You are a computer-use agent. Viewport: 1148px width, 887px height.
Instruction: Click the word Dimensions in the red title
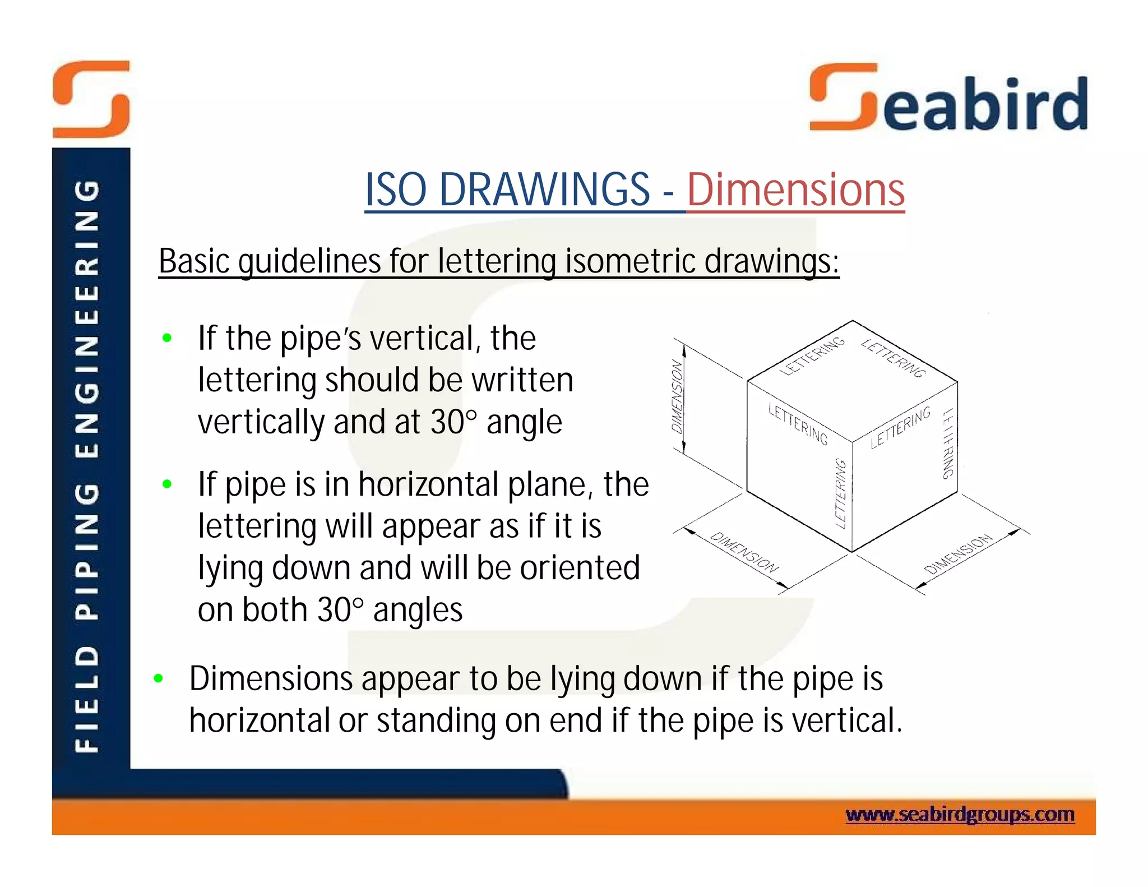795,190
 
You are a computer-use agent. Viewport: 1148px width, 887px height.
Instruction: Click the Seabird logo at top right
948,99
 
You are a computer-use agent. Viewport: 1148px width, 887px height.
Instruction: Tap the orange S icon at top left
91,99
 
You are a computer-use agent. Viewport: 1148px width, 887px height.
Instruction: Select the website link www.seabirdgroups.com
960,814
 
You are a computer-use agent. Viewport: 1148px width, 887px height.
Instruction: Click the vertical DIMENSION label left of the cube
678,396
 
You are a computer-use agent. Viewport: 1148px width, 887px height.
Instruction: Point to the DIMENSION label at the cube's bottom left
744,552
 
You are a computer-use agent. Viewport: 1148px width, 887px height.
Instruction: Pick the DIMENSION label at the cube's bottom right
959,555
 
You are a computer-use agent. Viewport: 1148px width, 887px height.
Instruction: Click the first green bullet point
166,338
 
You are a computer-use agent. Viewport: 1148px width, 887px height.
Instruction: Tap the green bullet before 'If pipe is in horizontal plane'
166,484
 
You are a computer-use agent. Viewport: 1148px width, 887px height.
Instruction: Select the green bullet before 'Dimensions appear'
159,678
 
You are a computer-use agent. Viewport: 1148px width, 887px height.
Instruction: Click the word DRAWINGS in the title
544,190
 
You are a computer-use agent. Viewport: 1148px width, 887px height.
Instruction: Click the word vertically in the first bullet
261,422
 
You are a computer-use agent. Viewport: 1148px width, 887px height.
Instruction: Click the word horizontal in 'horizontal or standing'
259,720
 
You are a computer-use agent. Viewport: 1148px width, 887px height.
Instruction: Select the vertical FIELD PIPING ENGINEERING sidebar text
88,465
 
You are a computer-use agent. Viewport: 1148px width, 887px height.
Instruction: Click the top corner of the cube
853,321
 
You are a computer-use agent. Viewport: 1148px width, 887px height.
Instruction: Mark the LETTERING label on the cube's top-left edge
812,356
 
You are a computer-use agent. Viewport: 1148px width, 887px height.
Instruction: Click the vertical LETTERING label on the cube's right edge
947,443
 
